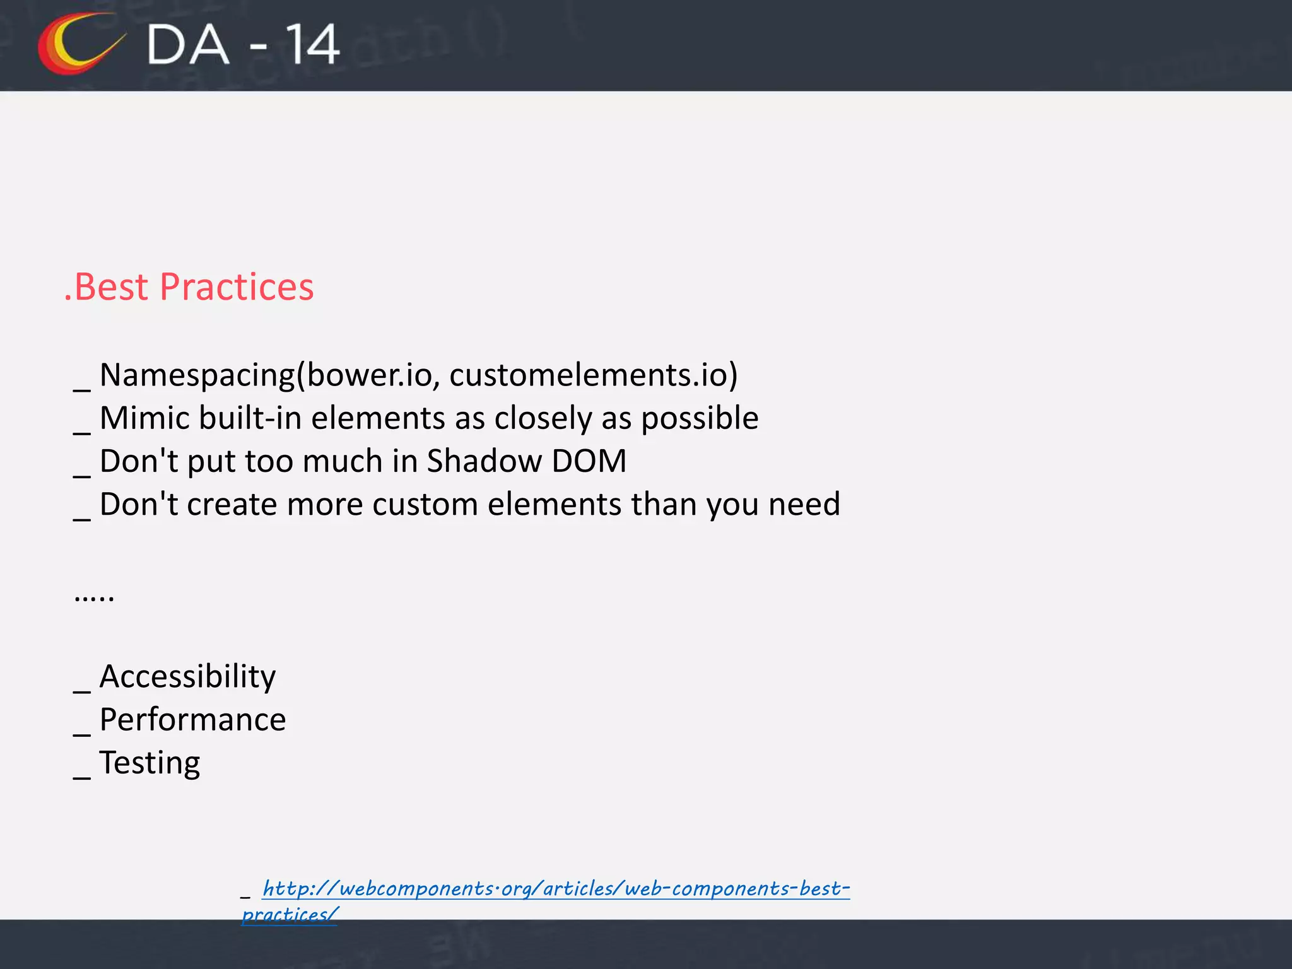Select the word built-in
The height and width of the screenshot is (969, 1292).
[x=250, y=418]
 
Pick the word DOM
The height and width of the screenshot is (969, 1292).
[x=589, y=461]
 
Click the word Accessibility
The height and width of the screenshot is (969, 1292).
[x=187, y=677]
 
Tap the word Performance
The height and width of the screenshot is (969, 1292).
[x=192, y=720]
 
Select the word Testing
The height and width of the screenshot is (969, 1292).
[x=150, y=763]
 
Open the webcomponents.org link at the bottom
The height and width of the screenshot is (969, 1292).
[x=555, y=889]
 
